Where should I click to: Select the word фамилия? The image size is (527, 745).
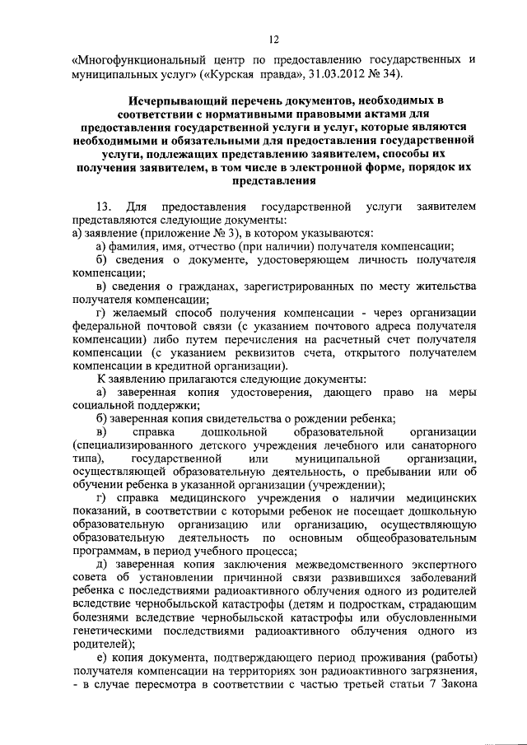[135, 247]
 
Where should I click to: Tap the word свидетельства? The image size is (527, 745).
[210, 419]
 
